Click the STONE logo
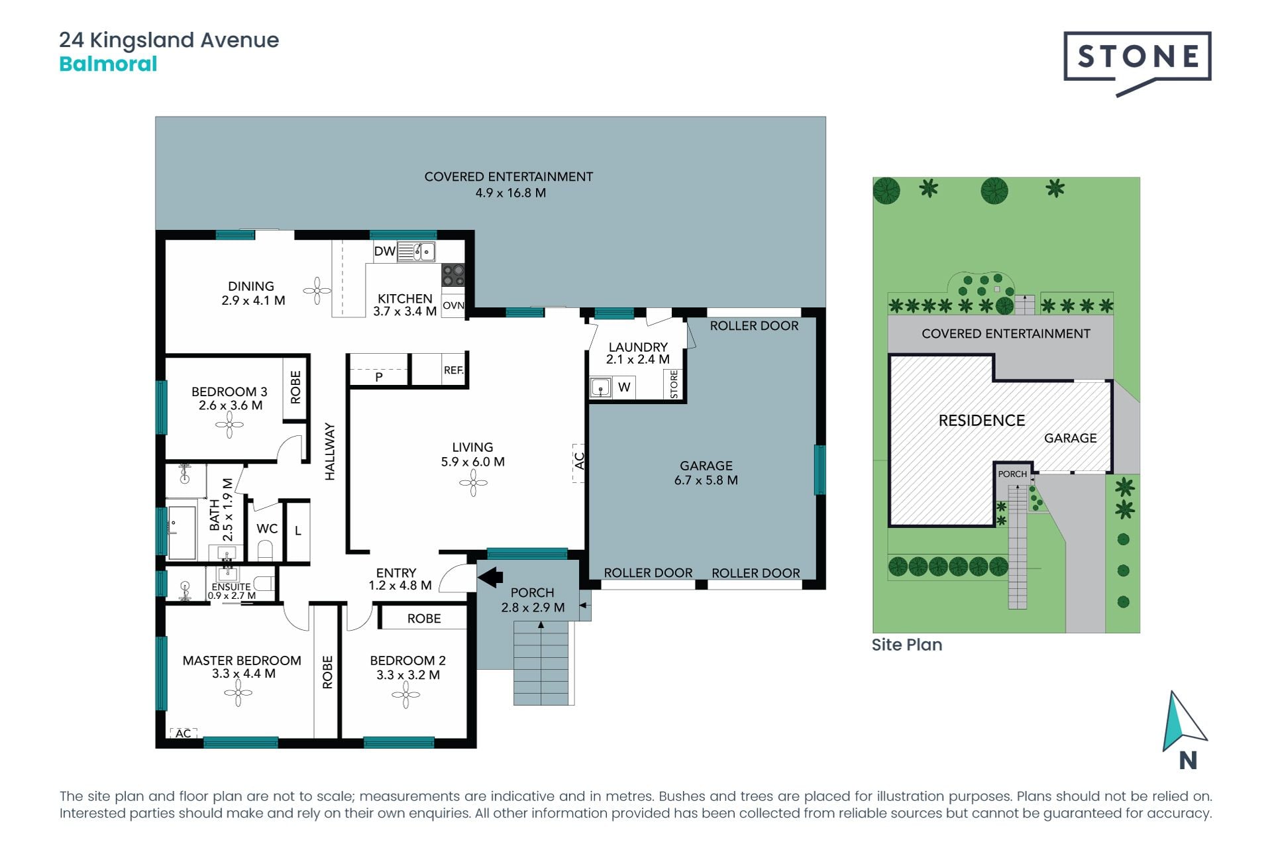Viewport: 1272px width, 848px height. point(1138,62)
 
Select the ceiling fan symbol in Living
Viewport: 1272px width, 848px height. point(473,483)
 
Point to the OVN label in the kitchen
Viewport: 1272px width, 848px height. point(453,305)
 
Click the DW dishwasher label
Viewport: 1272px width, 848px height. point(384,251)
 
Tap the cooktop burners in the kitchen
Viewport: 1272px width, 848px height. point(453,275)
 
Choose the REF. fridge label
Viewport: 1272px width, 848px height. point(454,370)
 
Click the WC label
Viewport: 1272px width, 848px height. point(267,529)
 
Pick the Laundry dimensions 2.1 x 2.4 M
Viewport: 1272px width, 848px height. point(638,360)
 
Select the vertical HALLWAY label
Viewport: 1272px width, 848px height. point(330,451)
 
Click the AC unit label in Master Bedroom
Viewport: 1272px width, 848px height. point(184,733)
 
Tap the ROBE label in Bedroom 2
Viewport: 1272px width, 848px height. point(424,618)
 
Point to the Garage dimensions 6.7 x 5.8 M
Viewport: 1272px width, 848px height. point(706,480)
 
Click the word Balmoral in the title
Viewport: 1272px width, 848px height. point(108,64)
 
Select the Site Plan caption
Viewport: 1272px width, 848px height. point(907,645)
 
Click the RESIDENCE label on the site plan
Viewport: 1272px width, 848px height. point(982,421)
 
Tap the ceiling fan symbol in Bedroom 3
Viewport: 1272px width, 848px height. point(229,425)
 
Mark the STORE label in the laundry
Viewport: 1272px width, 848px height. point(674,384)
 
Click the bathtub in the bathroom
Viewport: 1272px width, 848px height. point(182,533)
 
